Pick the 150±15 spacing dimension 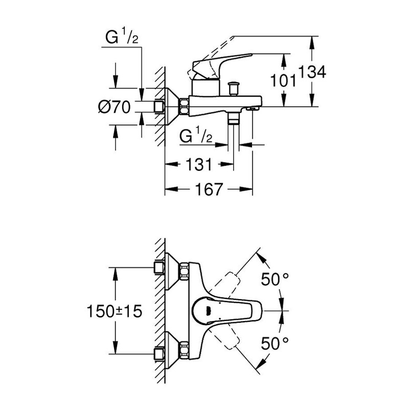point(114,310)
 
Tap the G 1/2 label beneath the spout point(196,137)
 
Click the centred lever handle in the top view point(225,309)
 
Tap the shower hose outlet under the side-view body point(234,119)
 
